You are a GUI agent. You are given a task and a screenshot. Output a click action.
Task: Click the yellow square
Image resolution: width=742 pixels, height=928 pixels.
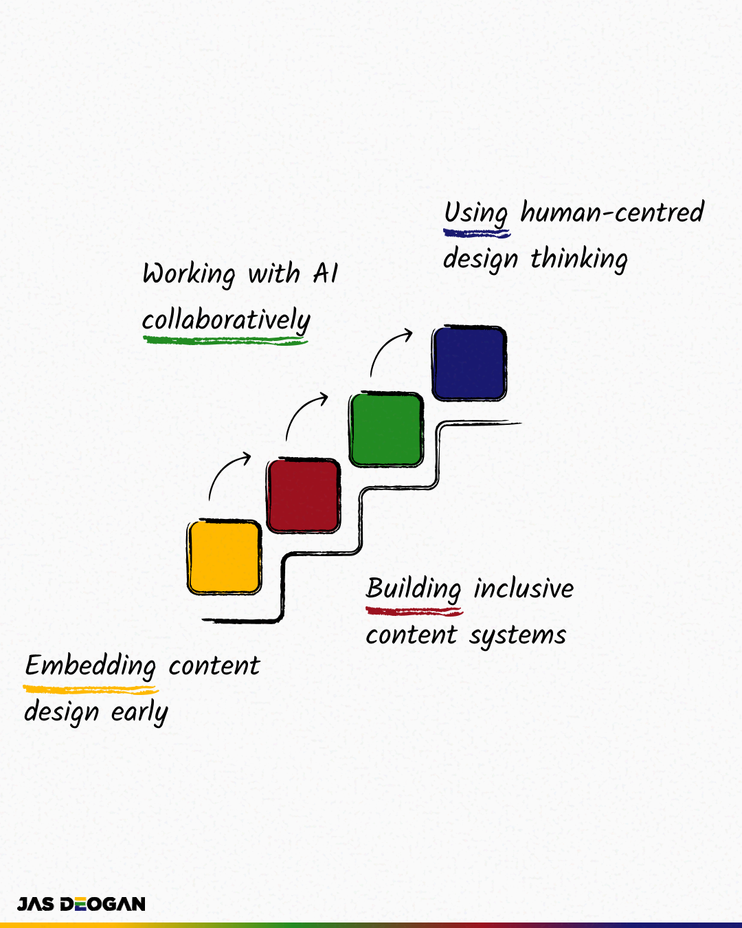[x=224, y=557]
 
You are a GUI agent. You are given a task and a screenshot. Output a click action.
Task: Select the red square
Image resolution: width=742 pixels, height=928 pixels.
[x=304, y=495]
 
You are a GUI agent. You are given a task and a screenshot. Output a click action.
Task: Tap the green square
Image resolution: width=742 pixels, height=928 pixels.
[x=386, y=430]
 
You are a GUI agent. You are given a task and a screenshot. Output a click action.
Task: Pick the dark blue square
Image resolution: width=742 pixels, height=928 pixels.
[x=469, y=363]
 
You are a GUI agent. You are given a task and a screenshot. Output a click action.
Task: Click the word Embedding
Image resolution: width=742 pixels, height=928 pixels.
[x=91, y=666]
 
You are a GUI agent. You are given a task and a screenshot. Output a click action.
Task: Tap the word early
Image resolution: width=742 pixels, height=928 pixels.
[x=139, y=713]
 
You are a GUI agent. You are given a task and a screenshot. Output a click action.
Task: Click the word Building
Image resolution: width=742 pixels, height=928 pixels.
[x=414, y=589]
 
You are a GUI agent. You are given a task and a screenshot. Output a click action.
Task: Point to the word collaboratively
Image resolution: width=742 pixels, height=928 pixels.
[x=226, y=320]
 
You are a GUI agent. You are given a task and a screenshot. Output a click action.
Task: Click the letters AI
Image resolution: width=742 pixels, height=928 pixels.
[x=326, y=274]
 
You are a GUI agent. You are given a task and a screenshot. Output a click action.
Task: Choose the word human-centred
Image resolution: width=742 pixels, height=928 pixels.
[x=612, y=212]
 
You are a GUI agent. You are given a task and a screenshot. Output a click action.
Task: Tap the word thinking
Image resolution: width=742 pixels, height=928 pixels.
[x=579, y=259]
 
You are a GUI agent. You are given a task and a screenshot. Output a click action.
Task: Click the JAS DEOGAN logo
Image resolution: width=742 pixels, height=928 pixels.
[x=81, y=904]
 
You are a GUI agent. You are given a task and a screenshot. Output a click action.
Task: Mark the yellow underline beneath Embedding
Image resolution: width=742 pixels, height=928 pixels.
[x=91, y=689]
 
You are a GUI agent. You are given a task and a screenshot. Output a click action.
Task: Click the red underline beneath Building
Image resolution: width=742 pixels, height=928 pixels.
[x=414, y=610]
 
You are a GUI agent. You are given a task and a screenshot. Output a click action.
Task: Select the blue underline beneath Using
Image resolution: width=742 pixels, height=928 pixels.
[x=477, y=234]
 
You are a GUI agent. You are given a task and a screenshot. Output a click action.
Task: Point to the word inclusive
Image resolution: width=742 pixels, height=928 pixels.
[x=524, y=589]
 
